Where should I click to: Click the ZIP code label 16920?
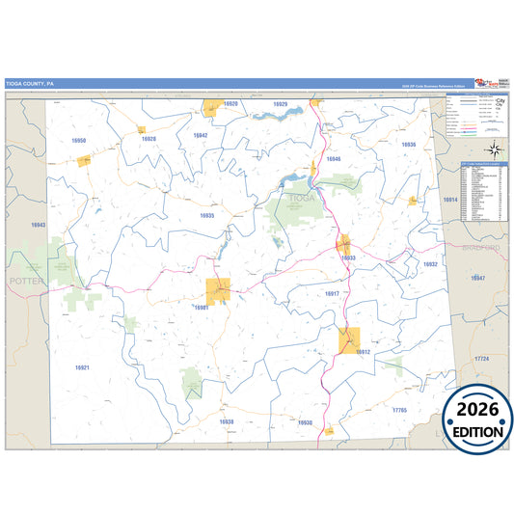click(x=230, y=103)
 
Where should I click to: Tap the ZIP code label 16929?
click(x=280, y=104)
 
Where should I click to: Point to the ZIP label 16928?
click(x=149, y=139)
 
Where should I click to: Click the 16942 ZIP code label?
click(x=200, y=136)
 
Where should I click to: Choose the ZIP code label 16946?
click(x=334, y=158)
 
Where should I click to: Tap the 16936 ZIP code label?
click(x=408, y=144)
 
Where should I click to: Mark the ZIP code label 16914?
click(x=449, y=200)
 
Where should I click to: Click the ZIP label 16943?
click(x=38, y=225)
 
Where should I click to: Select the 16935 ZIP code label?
click(x=206, y=215)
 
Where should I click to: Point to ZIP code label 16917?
click(x=332, y=293)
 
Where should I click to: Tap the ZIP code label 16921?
click(x=82, y=367)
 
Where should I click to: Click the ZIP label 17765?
click(x=400, y=411)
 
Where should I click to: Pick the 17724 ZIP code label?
click(x=481, y=359)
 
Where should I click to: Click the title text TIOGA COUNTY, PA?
click(x=30, y=84)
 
